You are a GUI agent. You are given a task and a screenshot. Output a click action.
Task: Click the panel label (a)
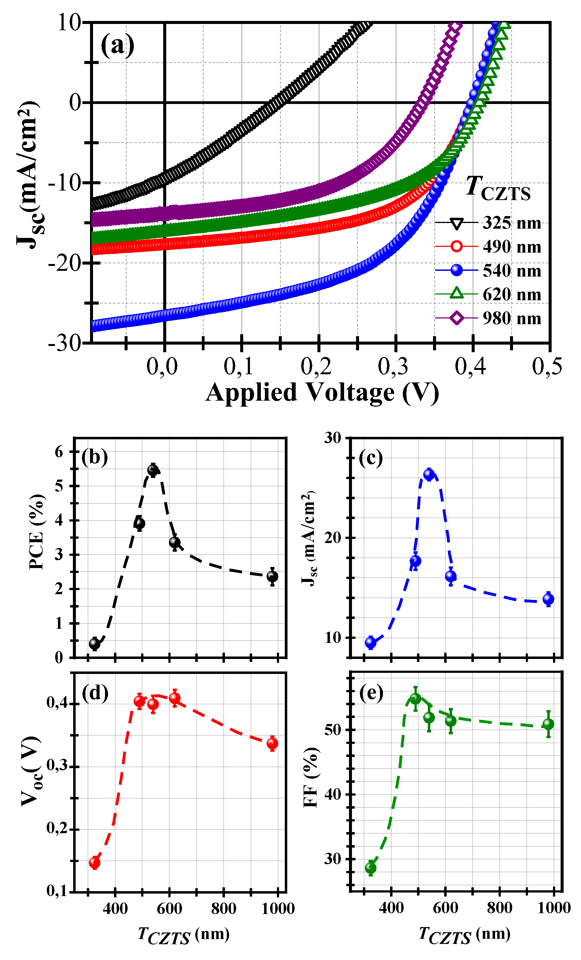(117, 45)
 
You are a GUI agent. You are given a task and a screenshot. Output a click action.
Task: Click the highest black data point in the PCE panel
(153, 470)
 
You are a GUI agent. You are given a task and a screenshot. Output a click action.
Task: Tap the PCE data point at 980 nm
(272, 576)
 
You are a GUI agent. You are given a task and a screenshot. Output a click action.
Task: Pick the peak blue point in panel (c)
(429, 474)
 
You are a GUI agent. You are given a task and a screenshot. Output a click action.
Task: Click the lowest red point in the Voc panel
(95, 863)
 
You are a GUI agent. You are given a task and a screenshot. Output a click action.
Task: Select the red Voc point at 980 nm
(272, 743)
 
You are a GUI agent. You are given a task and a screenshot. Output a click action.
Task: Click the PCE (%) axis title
(37, 532)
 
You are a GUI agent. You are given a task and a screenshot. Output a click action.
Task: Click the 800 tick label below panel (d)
(224, 909)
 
